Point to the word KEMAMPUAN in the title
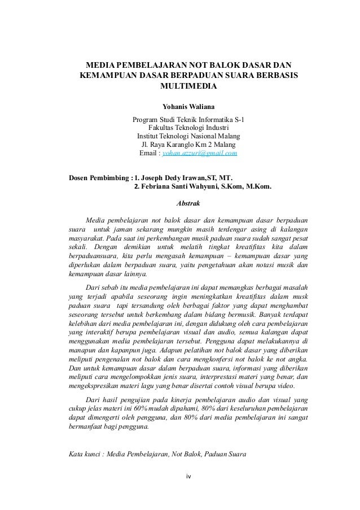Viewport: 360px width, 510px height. click(x=107, y=75)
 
